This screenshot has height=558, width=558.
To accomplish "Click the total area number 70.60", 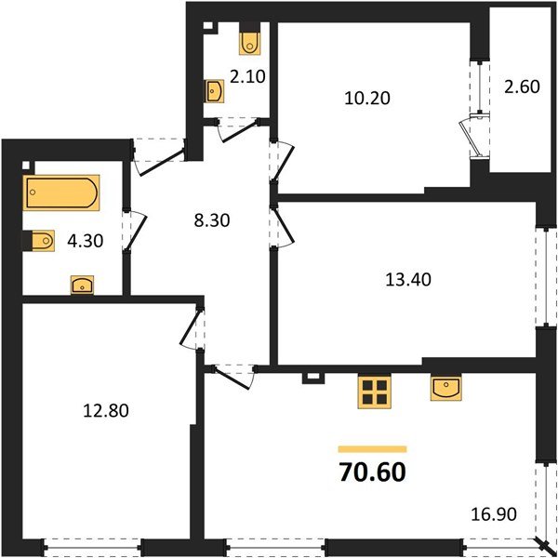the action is coord(373,472).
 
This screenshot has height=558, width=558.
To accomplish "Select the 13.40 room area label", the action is coord(408,280).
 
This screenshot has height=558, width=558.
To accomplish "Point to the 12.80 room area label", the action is coord(106,411).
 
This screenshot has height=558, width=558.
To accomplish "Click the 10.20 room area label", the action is coord(367,98).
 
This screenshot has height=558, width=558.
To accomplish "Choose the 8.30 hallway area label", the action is coord(212,220).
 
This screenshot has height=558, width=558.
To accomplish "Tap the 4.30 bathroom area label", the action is coord(86,241).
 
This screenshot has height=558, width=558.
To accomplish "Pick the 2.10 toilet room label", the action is coord(247,76).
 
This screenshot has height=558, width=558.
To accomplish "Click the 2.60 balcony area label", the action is coord(522,86).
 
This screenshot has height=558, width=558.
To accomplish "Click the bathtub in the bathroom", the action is coord(61,193).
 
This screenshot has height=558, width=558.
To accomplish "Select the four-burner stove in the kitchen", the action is coord(375,392).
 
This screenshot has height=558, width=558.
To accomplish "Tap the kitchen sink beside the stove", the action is coord(445,388).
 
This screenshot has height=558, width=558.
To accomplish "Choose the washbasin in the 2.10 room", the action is coord(214,91).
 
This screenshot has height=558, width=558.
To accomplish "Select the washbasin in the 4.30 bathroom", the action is coord(82,286).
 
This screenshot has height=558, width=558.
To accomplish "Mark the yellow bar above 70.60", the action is coord(372,449).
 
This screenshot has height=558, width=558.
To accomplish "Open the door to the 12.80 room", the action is coord(191,328).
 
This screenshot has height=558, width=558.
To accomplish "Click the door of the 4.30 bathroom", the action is coord(135,231).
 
